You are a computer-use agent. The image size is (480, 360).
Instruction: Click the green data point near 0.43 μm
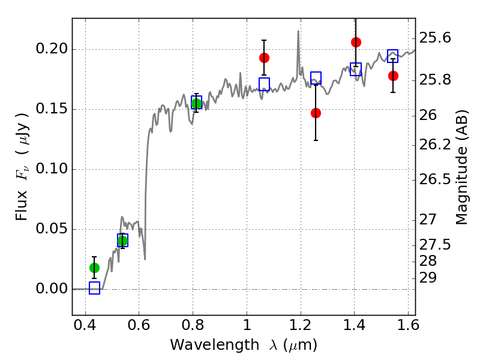[94, 268]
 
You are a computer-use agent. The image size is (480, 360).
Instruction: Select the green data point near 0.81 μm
[196, 103]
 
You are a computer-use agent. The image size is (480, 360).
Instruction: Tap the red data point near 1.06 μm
[264, 58]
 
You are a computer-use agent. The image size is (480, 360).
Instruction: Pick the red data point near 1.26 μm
[316, 113]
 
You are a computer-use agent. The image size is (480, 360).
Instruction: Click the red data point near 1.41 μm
[356, 42]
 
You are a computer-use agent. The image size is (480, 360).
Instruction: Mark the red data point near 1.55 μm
[393, 76]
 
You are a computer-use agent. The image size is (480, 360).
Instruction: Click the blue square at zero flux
[94, 288]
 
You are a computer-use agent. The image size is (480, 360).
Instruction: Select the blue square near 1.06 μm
[264, 84]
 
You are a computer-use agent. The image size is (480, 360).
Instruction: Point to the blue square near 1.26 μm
[316, 77]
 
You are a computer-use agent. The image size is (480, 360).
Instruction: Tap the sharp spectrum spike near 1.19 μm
[298, 32]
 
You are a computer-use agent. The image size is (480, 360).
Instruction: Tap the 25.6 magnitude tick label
[437, 38]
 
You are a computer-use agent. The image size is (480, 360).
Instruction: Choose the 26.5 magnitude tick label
[437, 179]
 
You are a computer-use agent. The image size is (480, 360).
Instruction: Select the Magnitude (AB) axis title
[461, 167]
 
